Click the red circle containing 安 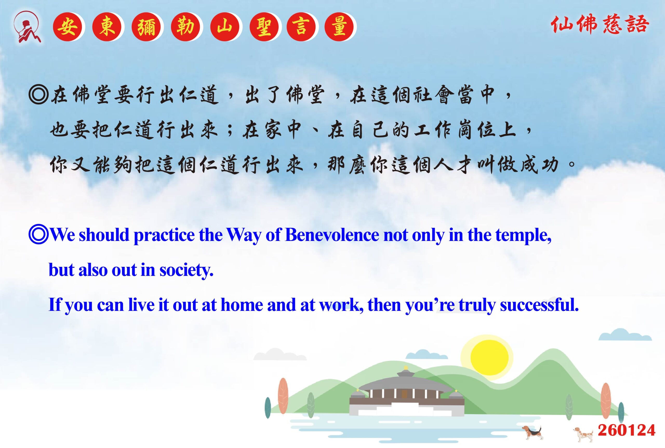click(67, 27)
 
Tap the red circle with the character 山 click(225, 27)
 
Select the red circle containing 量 click(339, 27)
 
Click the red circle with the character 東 click(107, 27)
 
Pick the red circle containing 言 click(301, 27)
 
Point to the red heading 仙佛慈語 click(600, 24)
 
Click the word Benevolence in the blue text click(332, 235)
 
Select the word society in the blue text click(186, 270)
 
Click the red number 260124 click(627, 430)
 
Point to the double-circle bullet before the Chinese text click(38, 95)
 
